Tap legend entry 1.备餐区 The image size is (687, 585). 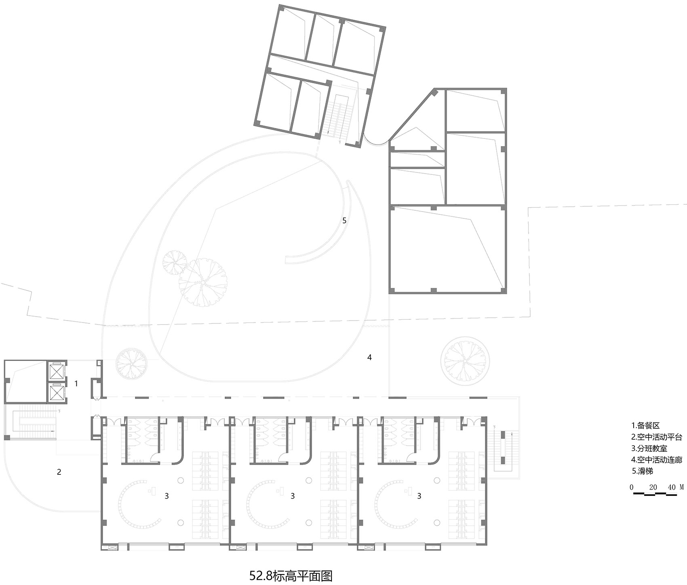coord(645,425)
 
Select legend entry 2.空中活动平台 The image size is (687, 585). coord(656,437)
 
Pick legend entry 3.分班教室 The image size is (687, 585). coord(651,448)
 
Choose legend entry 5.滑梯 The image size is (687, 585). coord(642,471)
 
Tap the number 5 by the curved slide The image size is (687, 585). coord(344,220)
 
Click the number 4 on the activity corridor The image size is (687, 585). coord(369,357)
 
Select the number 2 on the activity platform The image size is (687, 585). coord(59,472)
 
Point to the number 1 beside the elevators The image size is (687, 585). coord(76,383)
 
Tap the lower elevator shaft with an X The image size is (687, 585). coord(57,392)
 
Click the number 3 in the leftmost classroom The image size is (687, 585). coord(166,496)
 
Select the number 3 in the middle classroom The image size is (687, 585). coord(293,496)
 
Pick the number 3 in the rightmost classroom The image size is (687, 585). coord(419,496)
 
